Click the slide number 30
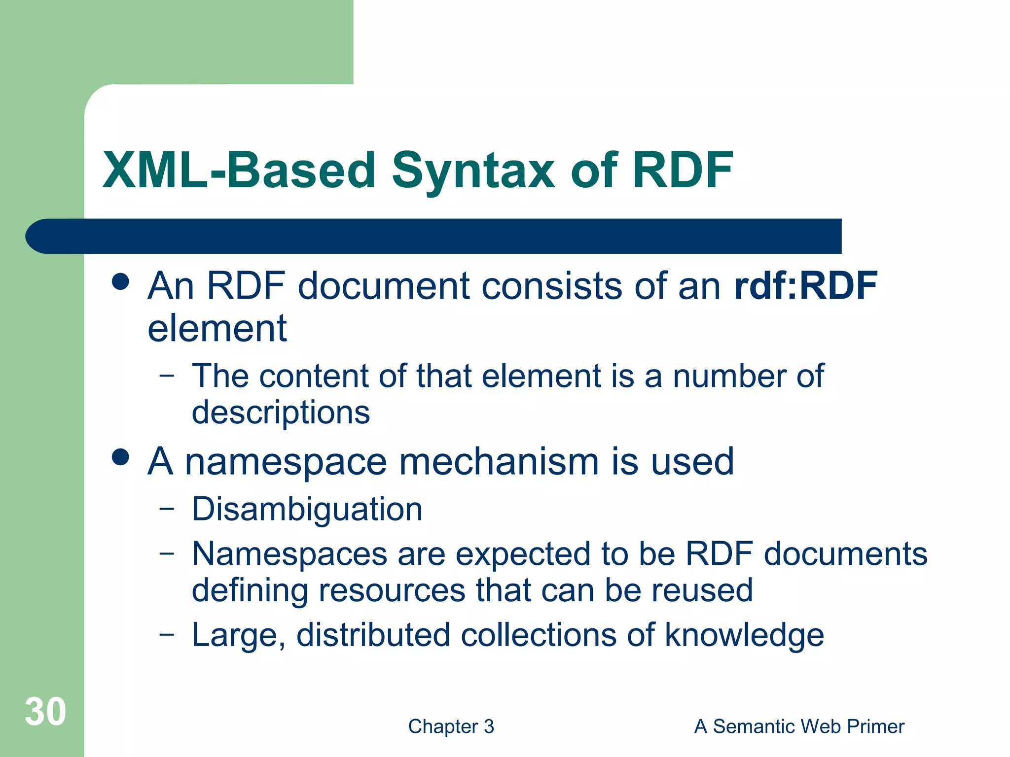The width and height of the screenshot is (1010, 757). tap(45, 712)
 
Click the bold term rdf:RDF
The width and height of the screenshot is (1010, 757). tap(805, 286)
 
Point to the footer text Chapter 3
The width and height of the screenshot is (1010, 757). tap(451, 726)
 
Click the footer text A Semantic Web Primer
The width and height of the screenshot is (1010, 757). tap(799, 726)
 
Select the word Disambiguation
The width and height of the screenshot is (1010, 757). tap(307, 509)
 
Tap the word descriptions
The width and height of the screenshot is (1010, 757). tap(281, 412)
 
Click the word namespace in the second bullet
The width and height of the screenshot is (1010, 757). tap(286, 462)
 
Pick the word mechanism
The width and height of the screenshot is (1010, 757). tap(499, 462)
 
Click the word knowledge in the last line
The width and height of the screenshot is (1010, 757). tap(744, 635)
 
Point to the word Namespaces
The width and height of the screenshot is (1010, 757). tap(289, 554)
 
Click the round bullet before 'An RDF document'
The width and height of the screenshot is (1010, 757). tap(120, 282)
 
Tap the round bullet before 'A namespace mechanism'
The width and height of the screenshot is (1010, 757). tap(120, 457)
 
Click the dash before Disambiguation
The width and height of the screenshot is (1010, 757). tap(167, 509)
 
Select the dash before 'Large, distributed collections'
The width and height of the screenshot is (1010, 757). tap(167, 634)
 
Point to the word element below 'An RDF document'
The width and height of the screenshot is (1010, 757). tap(217, 328)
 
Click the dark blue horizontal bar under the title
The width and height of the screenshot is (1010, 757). tap(434, 236)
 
